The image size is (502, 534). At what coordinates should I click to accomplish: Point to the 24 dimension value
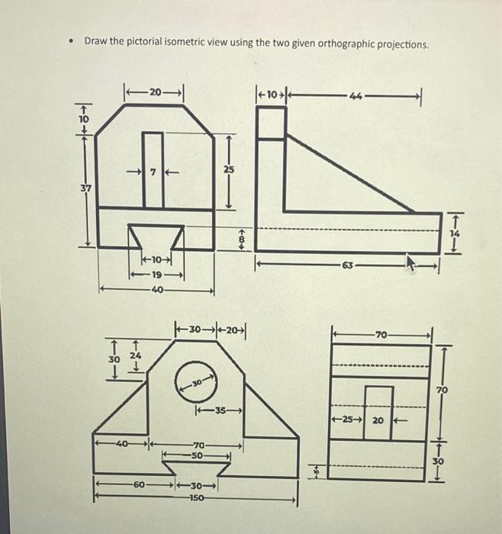(135, 354)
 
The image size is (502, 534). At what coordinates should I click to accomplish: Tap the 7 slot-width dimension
(153, 172)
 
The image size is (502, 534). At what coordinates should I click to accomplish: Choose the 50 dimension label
(198, 455)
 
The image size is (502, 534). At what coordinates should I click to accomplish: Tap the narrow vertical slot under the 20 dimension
(153, 169)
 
